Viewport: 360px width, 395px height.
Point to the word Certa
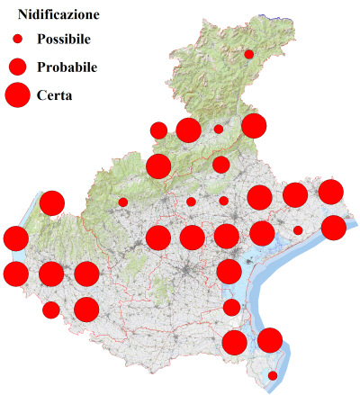pyautogui.click(x=55, y=95)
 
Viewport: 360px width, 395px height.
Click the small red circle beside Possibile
pyautogui.click(x=17, y=40)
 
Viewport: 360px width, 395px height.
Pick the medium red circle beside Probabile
pyautogui.click(x=17, y=67)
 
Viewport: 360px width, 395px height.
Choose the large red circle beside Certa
pyautogui.click(x=17, y=94)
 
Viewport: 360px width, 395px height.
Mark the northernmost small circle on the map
pyautogui.click(x=249, y=54)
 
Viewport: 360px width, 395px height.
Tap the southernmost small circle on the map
pyautogui.click(x=273, y=375)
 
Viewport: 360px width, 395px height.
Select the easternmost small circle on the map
pyautogui.click(x=298, y=230)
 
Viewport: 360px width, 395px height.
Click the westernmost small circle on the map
pyautogui.click(x=122, y=202)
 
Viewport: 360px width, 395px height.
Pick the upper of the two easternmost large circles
pyautogui.click(x=331, y=191)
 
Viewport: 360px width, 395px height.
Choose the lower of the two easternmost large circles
pyautogui.click(x=333, y=228)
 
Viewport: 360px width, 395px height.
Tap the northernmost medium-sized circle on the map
pyautogui.click(x=158, y=130)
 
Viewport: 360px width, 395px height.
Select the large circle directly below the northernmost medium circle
pyautogui.click(x=158, y=166)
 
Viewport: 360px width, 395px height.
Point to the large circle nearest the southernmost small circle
pyautogui.click(x=270, y=340)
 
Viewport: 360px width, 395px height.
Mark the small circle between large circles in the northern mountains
pyautogui.click(x=218, y=129)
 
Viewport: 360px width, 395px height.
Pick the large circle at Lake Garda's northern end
pyautogui.click(x=51, y=203)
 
